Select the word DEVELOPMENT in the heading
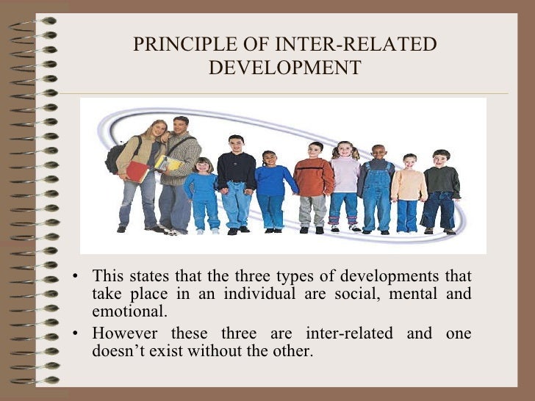point(284,68)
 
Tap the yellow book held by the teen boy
point(168,164)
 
